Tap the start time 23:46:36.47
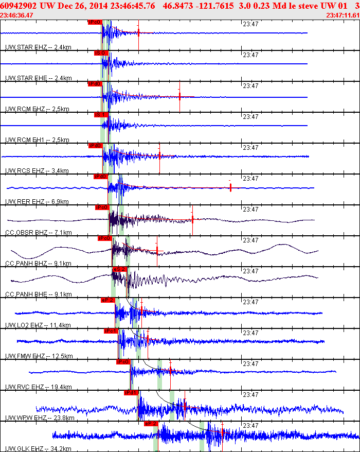point(17,15)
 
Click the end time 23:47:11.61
point(343,15)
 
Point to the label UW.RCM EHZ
point(26,109)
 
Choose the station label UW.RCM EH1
point(26,140)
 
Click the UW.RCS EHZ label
point(26,171)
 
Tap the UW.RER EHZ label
point(26,202)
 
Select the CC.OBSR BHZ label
point(27,233)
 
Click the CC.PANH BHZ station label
point(27,264)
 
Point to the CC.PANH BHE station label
point(27,294)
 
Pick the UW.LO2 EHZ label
point(25,325)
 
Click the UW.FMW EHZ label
point(26,356)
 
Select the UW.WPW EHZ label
point(26,418)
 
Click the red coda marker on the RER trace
point(230,187)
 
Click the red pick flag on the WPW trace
point(131,392)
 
